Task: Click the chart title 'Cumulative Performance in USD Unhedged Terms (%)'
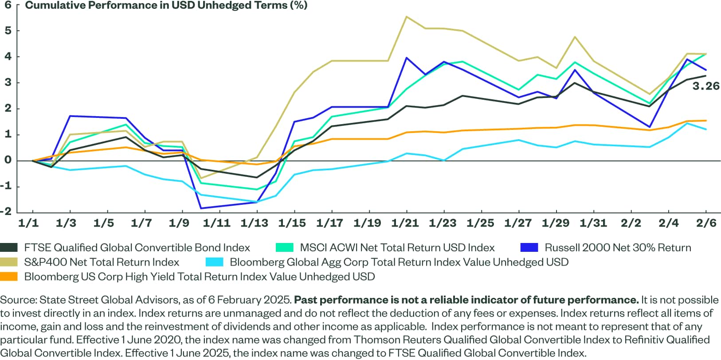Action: point(166,5)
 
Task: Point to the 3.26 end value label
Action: point(705,86)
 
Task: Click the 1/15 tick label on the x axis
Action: point(292,223)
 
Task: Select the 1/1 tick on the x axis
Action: point(28,223)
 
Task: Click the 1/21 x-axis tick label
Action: point(405,223)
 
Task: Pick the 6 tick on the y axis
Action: point(8,5)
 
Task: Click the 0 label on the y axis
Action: point(8,160)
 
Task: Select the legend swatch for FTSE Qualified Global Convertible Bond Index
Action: point(9,248)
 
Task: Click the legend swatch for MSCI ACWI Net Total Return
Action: point(284,248)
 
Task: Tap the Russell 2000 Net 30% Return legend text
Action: point(618,248)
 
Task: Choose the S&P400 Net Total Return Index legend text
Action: point(102,262)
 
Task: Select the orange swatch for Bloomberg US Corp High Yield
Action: point(9,277)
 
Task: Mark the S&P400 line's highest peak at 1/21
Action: point(407,17)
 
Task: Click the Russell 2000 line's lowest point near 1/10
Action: point(201,208)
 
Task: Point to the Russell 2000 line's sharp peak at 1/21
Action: point(407,58)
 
